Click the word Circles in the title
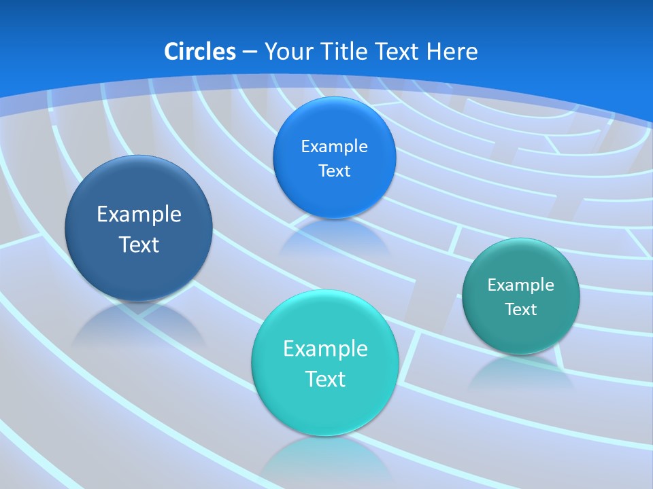[199, 52]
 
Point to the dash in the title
[249, 52]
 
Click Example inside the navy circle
[139, 214]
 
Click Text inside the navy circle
[139, 244]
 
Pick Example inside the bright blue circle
[334, 146]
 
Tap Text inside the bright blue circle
[334, 170]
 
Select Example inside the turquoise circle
[325, 348]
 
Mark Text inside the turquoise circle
[325, 378]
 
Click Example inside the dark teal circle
[521, 285]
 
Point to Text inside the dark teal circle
[521, 309]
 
